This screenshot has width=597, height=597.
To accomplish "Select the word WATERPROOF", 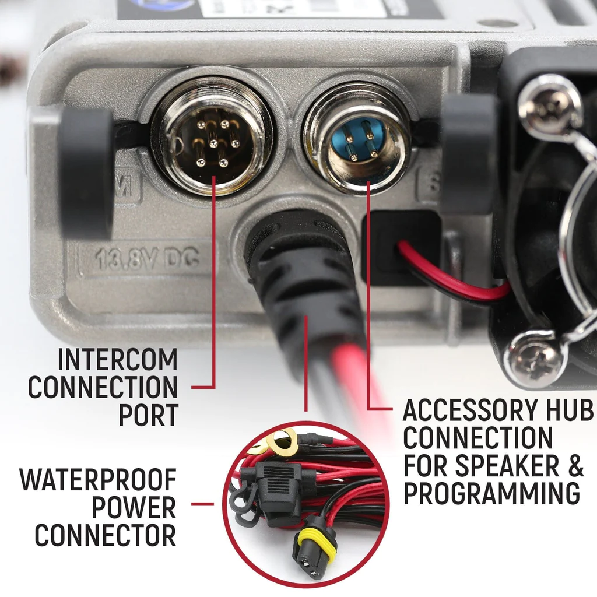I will (98, 479).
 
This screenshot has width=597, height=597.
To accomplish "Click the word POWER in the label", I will (134, 508).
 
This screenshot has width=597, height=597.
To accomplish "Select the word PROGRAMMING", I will (491, 493).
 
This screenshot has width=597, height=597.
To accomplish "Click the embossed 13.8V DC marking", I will (147, 257).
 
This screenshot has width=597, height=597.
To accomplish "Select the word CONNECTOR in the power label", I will (105, 535).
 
